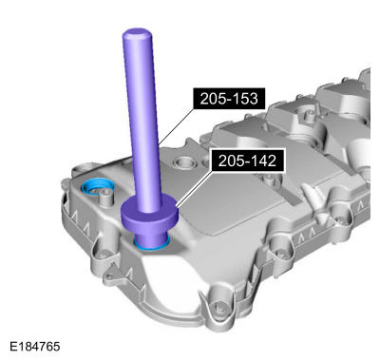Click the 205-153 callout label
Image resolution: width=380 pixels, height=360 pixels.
click(229, 99)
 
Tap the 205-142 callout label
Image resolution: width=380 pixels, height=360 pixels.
click(247, 161)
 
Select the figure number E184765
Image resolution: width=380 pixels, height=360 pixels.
click(35, 346)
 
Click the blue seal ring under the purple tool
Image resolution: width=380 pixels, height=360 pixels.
click(151, 246)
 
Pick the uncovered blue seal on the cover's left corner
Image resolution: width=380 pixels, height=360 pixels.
click(96, 187)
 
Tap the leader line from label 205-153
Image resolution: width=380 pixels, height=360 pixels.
click(176, 125)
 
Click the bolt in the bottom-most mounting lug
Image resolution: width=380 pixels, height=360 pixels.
click(218, 307)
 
